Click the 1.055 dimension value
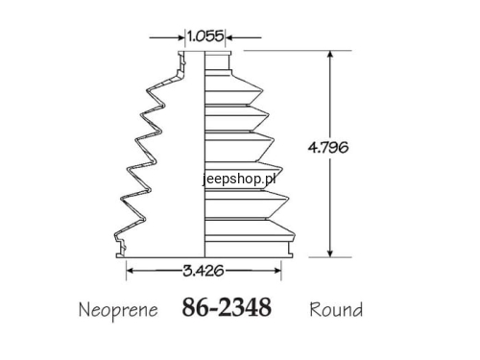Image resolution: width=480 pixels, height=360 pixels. pyautogui.click(x=205, y=36)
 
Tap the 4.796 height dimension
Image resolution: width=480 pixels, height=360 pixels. pyautogui.click(x=329, y=151)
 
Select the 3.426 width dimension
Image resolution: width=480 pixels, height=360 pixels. pyautogui.click(x=204, y=272)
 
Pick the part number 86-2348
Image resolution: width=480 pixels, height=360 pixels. pyautogui.click(x=227, y=309)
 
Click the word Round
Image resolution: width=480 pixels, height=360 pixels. pyautogui.click(x=336, y=310)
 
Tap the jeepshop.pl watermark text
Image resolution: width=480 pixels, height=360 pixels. pyautogui.click(x=239, y=178)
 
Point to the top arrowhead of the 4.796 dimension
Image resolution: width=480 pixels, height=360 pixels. pyautogui.click(x=330, y=56)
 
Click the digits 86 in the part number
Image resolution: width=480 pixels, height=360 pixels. pyautogui.click(x=195, y=309)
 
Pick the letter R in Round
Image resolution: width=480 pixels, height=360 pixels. pyautogui.click(x=315, y=310)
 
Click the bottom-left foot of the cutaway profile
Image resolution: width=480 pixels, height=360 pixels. pyautogui.click(x=121, y=255)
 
